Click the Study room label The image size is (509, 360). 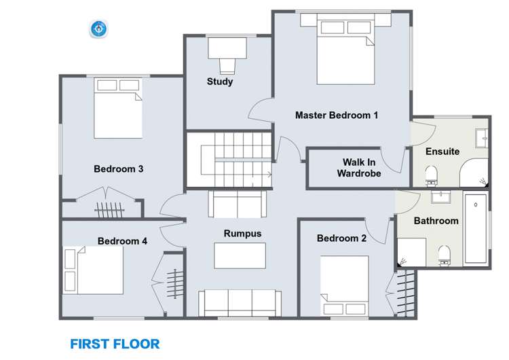pyautogui.click(x=220, y=82)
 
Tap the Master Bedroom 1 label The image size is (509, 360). pyautogui.click(x=336, y=115)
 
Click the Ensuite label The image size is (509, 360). pyautogui.click(x=442, y=151)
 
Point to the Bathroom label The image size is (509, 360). pyautogui.click(x=436, y=221)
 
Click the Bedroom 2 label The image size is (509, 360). pyautogui.click(x=341, y=238)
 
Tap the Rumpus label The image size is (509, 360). pyautogui.click(x=242, y=234)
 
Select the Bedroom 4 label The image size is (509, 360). pyautogui.click(x=122, y=241)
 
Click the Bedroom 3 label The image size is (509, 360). pyautogui.click(x=118, y=169)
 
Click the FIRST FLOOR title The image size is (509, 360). pyautogui.click(x=115, y=344)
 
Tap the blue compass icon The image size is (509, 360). pyautogui.click(x=100, y=29)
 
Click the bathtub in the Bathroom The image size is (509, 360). pyautogui.click(x=476, y=229)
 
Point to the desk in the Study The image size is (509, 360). pyautogui.click(x=227, y=48)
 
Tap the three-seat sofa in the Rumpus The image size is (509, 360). pyautogui.click(x=240, y=302)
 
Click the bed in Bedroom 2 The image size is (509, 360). pyautogui.click(x=345, y=285)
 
